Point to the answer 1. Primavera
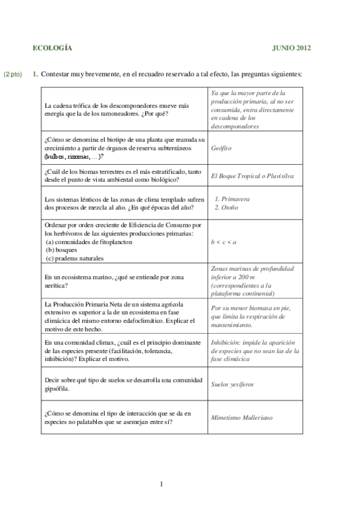tap(232, 198)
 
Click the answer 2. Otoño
tap(227, 207)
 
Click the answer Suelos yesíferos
tap(232, 383)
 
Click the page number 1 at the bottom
tap(162, 484)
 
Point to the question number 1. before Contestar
tap(35, 75)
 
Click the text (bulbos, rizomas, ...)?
tap(73, 156)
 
